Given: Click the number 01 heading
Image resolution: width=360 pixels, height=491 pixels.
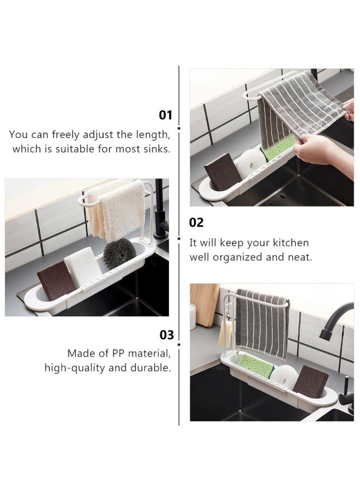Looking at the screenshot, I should point(165,115).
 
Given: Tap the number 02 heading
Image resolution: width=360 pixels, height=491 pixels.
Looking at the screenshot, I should point(196,223).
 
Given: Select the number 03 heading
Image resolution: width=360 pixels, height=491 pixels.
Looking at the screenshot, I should point(166,335).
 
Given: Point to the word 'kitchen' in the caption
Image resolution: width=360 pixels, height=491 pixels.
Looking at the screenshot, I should point(290,243).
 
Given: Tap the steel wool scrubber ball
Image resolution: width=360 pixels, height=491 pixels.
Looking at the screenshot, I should point(119,253).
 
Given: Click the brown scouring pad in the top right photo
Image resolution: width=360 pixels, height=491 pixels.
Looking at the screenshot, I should point(222,172).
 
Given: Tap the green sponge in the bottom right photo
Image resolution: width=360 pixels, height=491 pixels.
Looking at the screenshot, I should point(255,366).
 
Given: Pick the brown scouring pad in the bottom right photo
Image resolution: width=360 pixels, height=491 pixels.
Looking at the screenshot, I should point(310,382).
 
